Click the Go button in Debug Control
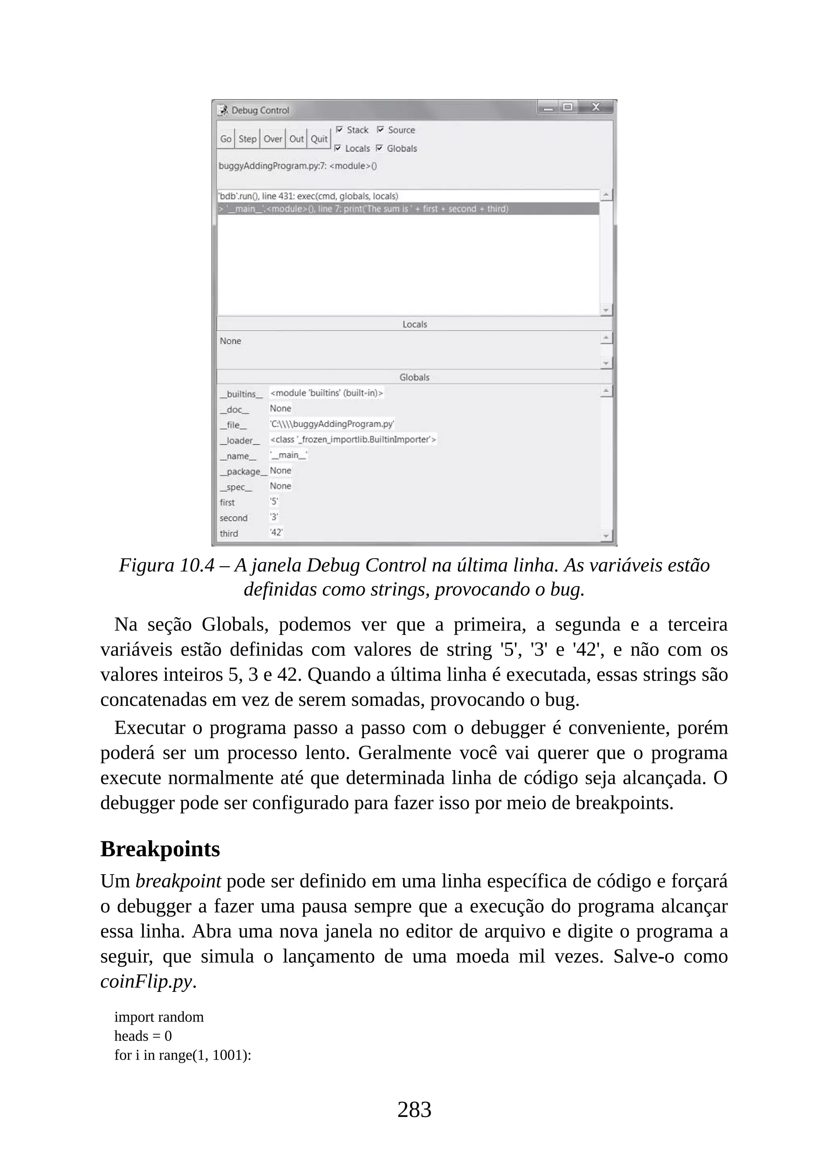225,139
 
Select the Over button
272,139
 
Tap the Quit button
319,139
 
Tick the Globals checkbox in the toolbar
379,148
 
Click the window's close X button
595,107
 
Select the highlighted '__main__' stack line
362,209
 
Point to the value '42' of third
276,533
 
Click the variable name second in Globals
233,518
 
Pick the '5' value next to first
274,502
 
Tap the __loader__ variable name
239,441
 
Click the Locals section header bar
414,324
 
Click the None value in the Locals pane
230,341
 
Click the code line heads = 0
143,1036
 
